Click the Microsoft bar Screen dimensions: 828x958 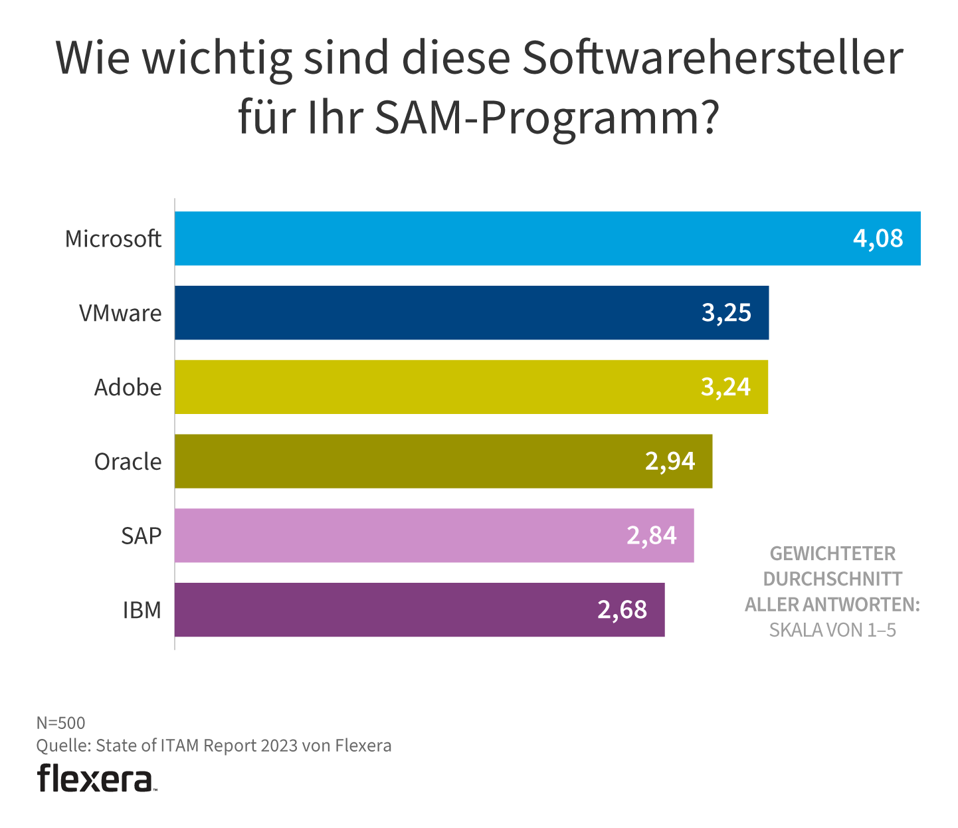pyautogui.click(x=505, y=239)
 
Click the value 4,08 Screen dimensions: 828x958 pyautogui.click(x=878, y=239)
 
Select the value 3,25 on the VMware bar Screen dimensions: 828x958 pyautogui.click(x=726, y=313)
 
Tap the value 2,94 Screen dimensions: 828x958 pyautogui.click(x=670, y=461)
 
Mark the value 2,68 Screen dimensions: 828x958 pyautogui.click(x=622, y=610)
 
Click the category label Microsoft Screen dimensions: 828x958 pyautogui.click(x=113, y=239)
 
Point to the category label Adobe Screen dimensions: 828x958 pyautogui.click(x=128, y=387)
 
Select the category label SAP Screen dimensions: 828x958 pyautogui.click(x=141, y=536)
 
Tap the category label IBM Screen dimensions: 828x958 pyautogui.click(x=142, y=610)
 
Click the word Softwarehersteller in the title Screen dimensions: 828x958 pyautogui.click(x=712, y=58)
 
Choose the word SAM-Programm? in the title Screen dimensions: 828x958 pyautogui.click(x=546, y=118)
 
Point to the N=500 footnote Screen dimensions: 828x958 pyautogui.click(x=60, y=723)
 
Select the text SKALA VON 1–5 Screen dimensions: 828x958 pyautogui.click(x=832, y=630)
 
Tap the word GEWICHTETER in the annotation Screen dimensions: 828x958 pyautogui.click(x=832, y=554)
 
